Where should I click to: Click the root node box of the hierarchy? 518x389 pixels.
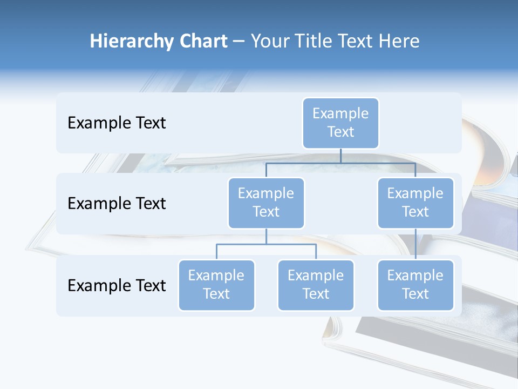(x=340, y=123)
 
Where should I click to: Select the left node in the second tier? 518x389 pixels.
(x=266, y=203)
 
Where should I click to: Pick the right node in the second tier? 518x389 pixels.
(x=415, y=203)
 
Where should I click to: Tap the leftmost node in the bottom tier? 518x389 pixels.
(x=216, y=285)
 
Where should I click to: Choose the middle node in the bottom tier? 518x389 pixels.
(x=316, y=285)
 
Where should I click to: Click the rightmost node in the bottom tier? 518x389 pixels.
(x=415, y=285)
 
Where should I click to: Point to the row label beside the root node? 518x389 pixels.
(x=117, y=123)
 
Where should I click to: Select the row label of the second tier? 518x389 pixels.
(x=117, y=204)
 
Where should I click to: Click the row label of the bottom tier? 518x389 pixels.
(x=117, y=285)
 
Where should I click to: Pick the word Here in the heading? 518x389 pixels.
(x=399, y=42)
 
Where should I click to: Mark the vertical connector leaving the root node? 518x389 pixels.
(x=340, y=156)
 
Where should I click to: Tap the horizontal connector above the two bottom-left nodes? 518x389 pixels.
(x=266, y=244)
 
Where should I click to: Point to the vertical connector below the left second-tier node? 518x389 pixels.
(x=266, y=237)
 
